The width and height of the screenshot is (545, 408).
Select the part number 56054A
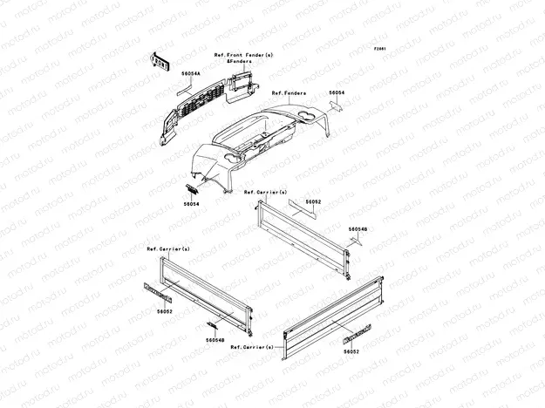[x=191, y=75]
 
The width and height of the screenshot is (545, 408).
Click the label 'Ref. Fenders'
[x=289, y=92]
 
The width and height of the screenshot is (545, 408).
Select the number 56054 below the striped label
[x=192, y=204]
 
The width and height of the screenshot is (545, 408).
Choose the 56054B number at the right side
[x=358, y=229]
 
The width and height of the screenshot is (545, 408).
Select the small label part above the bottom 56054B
[x=211, y=324]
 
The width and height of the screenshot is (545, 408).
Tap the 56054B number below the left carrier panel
[x=215, y=340]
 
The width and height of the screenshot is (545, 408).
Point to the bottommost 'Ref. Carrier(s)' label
[x=252, y=346]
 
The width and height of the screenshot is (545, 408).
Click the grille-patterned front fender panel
[x=187, y=113]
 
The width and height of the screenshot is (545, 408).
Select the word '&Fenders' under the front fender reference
[x=240, y=62]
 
